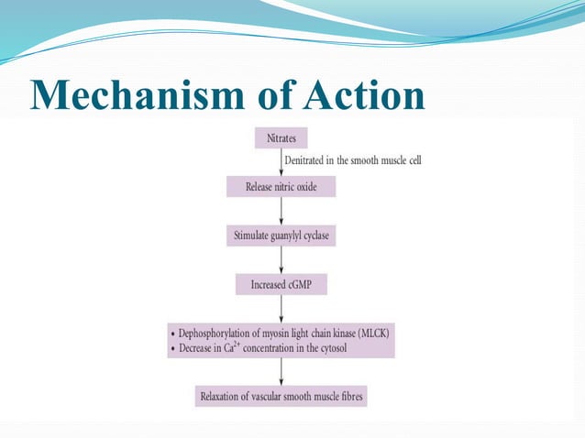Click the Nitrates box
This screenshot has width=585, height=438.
pos(281,138)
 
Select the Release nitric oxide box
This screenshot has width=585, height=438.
pos(281,187)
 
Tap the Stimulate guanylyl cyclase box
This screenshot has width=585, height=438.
pos(281,235)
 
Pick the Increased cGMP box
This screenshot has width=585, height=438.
pos(281,285)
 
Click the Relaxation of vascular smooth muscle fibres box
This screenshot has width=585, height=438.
pos(281,398)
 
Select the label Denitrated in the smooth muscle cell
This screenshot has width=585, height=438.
pos(352,160)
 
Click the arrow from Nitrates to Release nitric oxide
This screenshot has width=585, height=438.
pos(281,162)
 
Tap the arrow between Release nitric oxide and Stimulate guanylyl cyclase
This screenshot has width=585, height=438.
pos(281,211)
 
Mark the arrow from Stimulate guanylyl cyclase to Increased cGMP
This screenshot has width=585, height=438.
pos(281,260)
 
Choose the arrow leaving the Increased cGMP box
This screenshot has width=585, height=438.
pos(281,309)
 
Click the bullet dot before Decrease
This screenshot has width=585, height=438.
pos(172,349)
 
